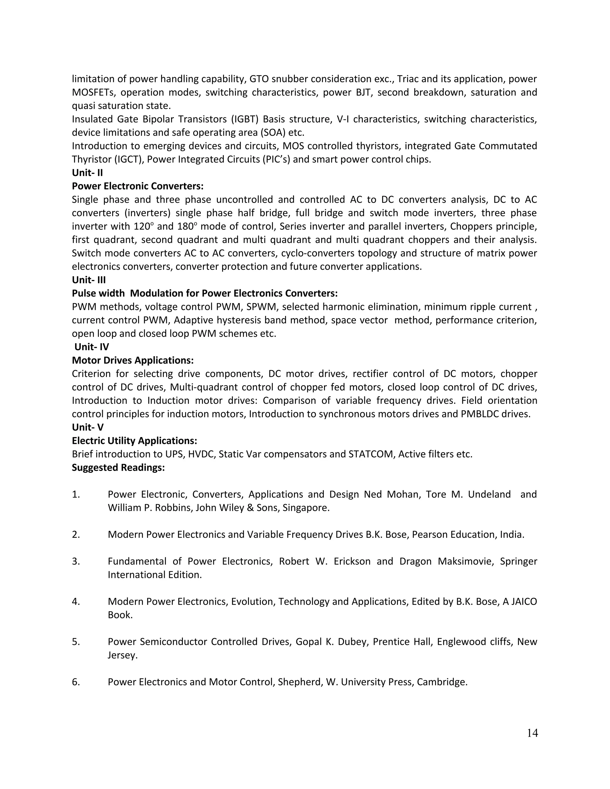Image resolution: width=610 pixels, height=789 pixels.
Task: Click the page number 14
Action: pos(532,733)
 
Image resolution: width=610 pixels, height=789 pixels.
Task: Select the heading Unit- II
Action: pos(88,173)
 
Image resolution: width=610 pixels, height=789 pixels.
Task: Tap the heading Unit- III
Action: pos(89,280)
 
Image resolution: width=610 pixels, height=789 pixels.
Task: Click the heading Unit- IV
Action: pos(91,347)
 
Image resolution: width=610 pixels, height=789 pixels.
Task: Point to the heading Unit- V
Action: pos(88,427)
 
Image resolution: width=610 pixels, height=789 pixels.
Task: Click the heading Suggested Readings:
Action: pos(118,467)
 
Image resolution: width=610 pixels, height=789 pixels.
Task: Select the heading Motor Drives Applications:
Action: pos(133,360)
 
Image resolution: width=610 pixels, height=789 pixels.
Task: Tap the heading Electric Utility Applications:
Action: pos(134,441)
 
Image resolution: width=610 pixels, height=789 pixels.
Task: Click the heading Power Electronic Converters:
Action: pos(138,186)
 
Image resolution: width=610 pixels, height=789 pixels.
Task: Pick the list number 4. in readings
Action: pos(76,601)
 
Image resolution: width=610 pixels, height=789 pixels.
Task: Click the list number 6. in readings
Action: pos(76,682)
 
